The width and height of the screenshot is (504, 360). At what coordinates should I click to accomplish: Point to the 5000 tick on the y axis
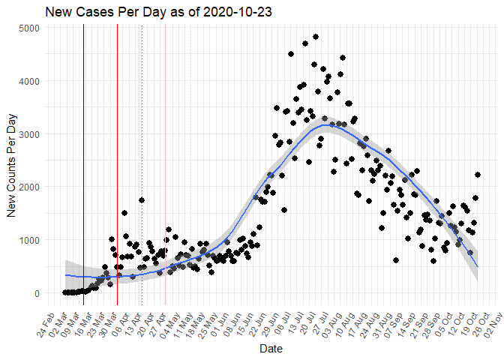34,27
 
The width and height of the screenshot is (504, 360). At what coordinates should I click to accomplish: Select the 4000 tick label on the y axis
34,80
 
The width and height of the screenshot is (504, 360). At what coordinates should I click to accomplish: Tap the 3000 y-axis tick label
34,133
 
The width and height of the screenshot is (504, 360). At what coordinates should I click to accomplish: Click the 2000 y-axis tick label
34,187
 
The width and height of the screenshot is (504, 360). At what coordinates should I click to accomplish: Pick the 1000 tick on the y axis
34,240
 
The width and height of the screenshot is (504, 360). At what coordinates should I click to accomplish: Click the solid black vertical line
83,150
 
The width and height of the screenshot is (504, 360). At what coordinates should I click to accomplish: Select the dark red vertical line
117,150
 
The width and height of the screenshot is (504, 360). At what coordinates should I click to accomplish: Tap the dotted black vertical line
142,150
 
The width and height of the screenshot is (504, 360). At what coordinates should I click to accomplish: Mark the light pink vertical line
166,150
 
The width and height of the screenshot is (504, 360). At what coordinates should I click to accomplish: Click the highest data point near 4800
316,36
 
